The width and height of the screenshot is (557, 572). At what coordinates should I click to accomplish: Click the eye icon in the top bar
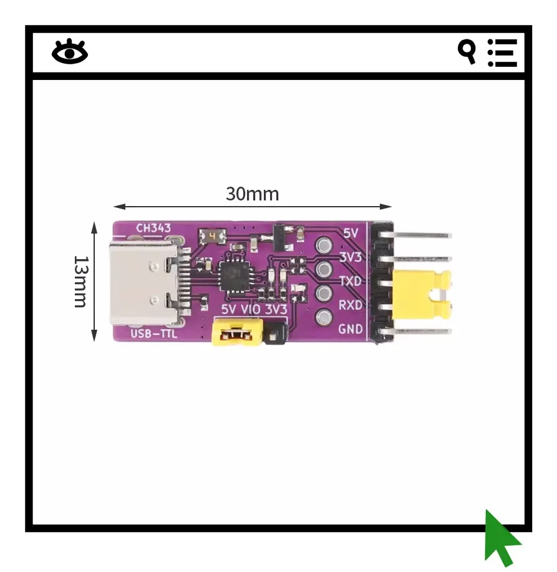point(69,52)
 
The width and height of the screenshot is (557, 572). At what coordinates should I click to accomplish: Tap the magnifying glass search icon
point(467,51)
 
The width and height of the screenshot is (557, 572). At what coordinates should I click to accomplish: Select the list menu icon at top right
point(503,52)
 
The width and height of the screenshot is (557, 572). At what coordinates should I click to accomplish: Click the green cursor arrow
point(501,538)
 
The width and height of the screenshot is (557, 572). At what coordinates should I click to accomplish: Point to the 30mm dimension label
point(252,194)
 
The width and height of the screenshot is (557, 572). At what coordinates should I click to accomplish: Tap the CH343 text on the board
point(153,228)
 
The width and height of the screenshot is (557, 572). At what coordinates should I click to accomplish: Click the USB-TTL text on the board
point(153,334)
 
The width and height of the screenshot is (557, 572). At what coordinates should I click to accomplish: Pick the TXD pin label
point(350,281)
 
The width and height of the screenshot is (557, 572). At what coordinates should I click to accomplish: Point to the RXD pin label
point(350,305)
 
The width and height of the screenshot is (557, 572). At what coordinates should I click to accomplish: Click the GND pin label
point(350,329)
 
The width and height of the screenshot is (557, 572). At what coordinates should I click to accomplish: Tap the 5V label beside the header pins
point(352,233)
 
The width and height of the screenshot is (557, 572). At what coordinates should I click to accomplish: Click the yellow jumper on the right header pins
point(422,293)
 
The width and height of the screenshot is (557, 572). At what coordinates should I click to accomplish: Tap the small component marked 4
point(212,237)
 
